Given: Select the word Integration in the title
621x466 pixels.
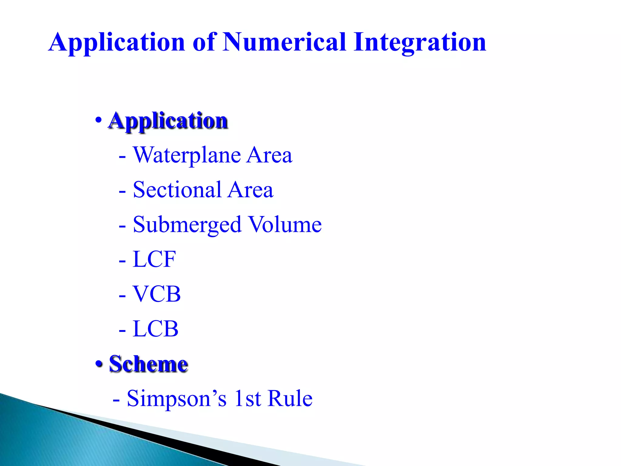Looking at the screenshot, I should pyautogui.click(x=420, y=42).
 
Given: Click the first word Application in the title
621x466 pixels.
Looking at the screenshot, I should pyautogui.click(x=117, y=42).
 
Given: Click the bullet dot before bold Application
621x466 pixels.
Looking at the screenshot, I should pyautogui.click(x=98, y=120).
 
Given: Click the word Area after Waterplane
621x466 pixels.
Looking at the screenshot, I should pyautogui.click(x=269, y=155).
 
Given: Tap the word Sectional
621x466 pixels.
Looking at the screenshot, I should pyautogui.click(x=177, y=190).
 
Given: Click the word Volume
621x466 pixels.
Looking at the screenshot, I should pyautogui.click(x=285, y=225).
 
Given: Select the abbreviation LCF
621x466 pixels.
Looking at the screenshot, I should pyautogui.click(x=154, y=259).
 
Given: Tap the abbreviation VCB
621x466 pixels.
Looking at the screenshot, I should pyautogui.click(x=157, y=294).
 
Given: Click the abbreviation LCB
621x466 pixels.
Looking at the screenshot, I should pyautogui.click(x=156, y=329).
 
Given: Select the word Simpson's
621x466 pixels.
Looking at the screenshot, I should pyautogui.click(x=176, y=398).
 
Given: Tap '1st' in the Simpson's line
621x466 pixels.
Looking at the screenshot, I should pyautogui.click(x=247, y=398).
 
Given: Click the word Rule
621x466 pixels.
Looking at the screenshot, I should pyautogui.click(x=290, y=398).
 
